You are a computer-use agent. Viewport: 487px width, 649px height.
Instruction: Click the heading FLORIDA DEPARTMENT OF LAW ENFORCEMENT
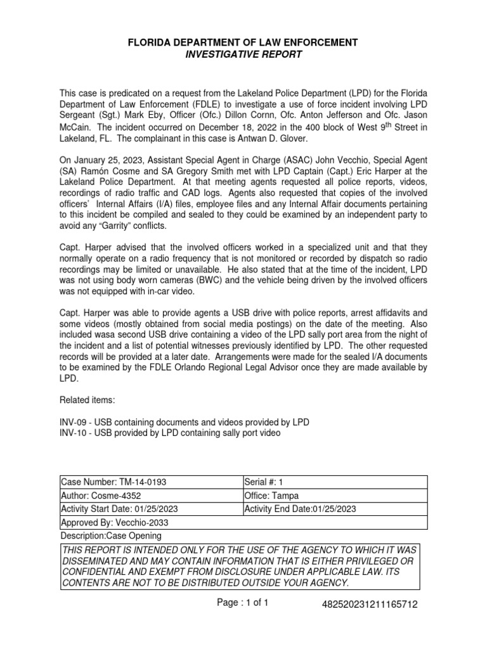tap(243, 42)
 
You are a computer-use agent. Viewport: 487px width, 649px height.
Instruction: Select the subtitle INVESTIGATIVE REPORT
tap(243, 55)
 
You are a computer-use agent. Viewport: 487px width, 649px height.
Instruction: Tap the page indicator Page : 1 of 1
tap(243, 603)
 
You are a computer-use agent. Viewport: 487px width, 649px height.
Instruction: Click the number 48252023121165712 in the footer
tap(370, 605)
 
